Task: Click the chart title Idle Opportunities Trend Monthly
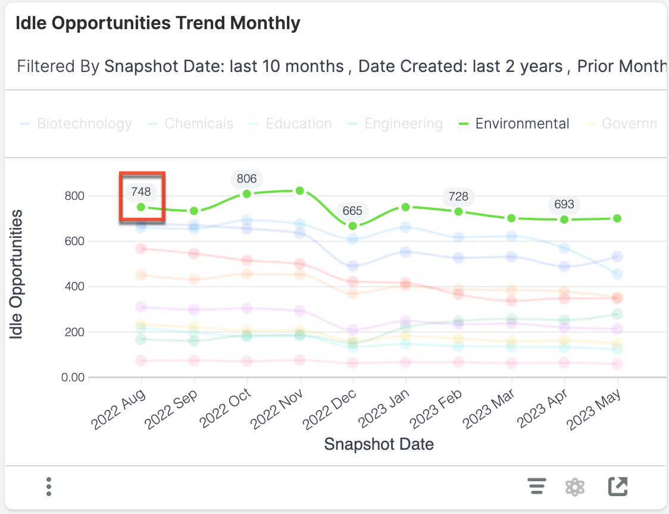[158, 24]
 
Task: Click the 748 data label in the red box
[141, 192]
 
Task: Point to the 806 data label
[246, 179]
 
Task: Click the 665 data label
[352, 211]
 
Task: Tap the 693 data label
[564, 205]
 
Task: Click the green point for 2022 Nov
[300, 191]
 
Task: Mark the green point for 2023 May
[617, 218]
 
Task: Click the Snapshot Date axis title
[379, 444]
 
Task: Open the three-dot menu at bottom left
[49, 487]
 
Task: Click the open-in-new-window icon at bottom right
[618, 487]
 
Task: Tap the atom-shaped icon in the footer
[574, 487]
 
